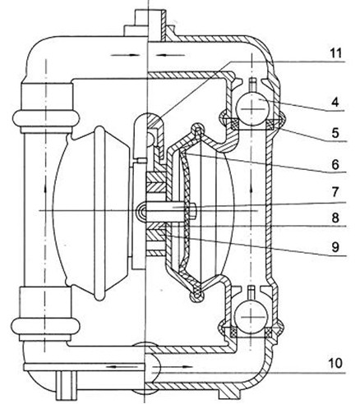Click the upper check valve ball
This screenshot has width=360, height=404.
pyautogui.click(x=252, y=103)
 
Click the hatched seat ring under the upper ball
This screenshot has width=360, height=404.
pyautogui.click(x=252, y=123)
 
